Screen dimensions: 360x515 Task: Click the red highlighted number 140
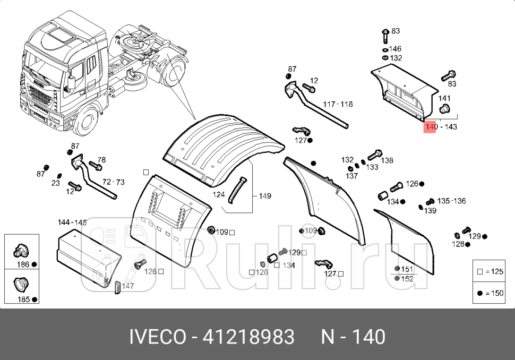(430, 127)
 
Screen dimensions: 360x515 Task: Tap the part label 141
(444, 98)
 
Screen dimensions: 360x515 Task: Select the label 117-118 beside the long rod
(338, 105)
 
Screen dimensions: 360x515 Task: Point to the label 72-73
(113, 182)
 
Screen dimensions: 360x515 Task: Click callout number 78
(101, 160)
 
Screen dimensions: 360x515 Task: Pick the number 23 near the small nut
(56, 183)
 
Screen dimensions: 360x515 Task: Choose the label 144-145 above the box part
(72, 222)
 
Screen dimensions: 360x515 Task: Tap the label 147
(127, 286)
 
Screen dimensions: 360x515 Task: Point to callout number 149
(264, 196)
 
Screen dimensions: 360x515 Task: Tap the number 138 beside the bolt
(387, 160)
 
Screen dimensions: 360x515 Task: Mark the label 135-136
(452, 201)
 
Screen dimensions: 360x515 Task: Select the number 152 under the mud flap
(407, 279)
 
